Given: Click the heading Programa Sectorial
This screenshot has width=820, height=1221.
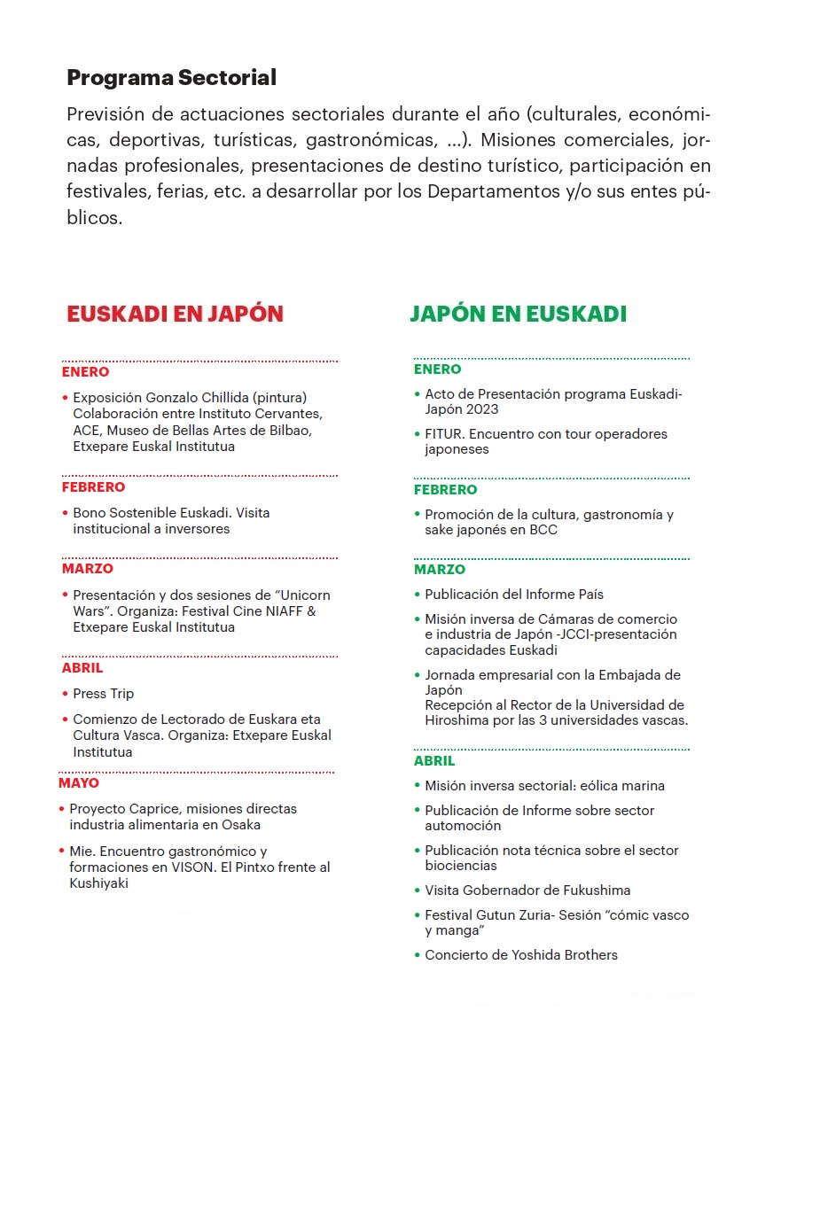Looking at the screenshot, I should point(171,78).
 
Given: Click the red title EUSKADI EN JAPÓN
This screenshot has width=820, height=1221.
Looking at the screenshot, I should point(175,314).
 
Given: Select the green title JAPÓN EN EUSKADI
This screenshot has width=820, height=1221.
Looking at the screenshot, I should point(518,314).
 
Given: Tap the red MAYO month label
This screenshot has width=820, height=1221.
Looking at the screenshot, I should point(79,783).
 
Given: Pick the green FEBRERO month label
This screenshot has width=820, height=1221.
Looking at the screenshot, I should point(445,490).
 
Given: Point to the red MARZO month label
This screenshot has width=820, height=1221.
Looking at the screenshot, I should point(88,569).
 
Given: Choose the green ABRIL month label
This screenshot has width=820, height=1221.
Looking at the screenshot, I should point(434,761).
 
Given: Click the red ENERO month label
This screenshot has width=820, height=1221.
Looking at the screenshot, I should point(85,372).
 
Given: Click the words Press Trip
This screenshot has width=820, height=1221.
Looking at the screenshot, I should point(104,694).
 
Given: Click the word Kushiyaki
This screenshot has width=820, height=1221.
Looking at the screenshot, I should point(98,883).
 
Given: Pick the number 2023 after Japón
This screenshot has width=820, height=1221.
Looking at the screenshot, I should point(481,409).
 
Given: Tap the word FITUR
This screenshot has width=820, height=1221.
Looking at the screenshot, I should point(443,434).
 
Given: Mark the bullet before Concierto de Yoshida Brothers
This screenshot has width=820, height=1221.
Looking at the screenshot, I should point(418,955).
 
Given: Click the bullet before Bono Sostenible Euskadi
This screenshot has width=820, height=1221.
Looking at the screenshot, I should point(66,513).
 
